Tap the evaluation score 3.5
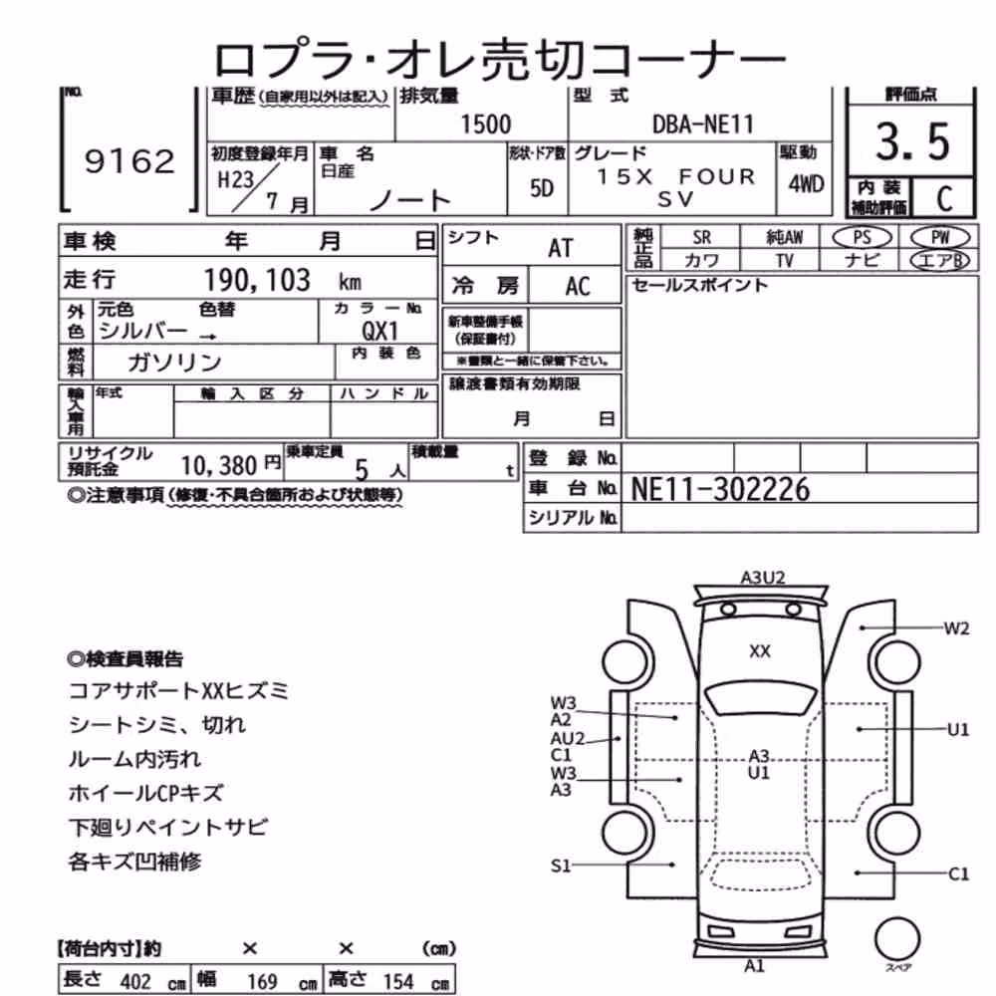(912, 141)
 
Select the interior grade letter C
(944, 198)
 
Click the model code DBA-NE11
(702, 124)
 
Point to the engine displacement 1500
(485, 124)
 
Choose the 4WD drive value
(806, 184)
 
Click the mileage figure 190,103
(257, 280)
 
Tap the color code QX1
(379, 331)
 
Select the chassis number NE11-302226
(720, 489)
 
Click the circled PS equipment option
(862, 238)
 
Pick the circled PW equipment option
(940, 238)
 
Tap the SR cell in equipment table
(701, 238)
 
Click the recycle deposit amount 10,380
(218, 466)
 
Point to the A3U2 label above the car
(762, 578)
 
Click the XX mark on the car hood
(760, 651)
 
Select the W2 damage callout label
(956, 628)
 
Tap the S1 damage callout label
(560, 866)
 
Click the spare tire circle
(897, 939)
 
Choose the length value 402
(135, 981)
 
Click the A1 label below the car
(754, 966)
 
